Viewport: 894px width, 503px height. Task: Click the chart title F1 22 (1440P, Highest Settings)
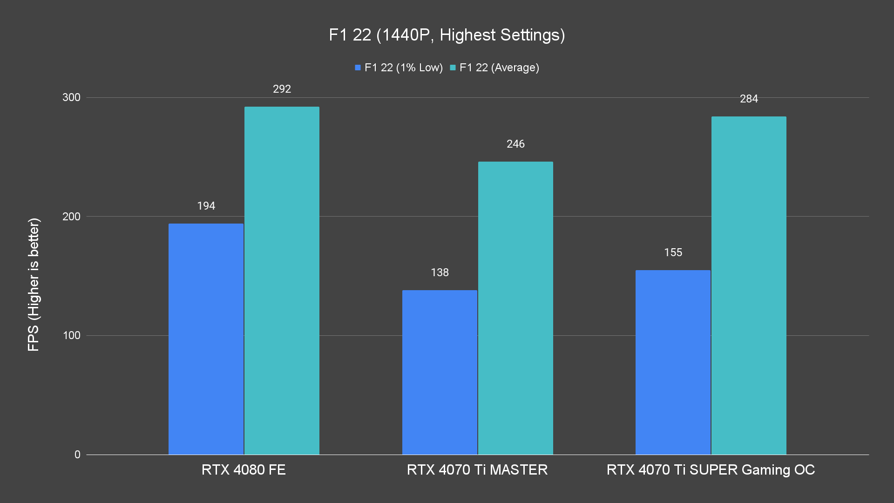pyautogui.click(x=447, y=35)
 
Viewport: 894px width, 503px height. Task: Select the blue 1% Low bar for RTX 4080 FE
pyautogui.click(x=206, y=339)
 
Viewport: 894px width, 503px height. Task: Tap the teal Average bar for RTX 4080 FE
pyautogui.click(x=282, y=280)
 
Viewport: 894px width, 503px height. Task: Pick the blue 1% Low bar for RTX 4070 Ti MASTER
pyautogui.click(x=440, y=372)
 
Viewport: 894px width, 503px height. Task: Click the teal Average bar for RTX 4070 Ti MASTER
pyautogui.click(x=515, y=308)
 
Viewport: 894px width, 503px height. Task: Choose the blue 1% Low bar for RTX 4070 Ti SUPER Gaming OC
pyautogui.click(x=673, y=362)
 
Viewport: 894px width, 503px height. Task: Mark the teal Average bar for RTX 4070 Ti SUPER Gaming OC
pyautogui.click(x=749, y=285)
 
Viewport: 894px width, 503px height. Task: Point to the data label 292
pyautogui.click(x=282, y=89)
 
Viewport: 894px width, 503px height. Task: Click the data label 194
pyautogui.click(x=206, y=206)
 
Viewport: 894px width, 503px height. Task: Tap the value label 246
pyautogui.click(x=515, y=144)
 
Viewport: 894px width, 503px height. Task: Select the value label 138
pyautogui.click(x=440, y=272)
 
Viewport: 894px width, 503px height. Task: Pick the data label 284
pyautogui.click(x=749, y=99)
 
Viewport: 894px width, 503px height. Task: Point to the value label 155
pyautogui.click(x=673, y=252)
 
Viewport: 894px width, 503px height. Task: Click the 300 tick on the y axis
pyautogui.click(x=71, y=97)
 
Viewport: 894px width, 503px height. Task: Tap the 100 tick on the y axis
pyautogui.click(x=71, y=335)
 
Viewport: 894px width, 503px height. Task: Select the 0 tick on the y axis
pyautogui.click(x=77, y=455)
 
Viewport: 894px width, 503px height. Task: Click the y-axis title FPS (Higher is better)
pyautogui.click(x=34, y=284)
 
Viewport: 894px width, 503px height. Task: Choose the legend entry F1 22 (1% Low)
pyautogui.click(x=399, y=68)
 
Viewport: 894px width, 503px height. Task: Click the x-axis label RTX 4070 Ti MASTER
pyautogui.click(x=477, y=469)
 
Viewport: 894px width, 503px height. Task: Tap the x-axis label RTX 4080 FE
pyautogui.click(x=244, y=469)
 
